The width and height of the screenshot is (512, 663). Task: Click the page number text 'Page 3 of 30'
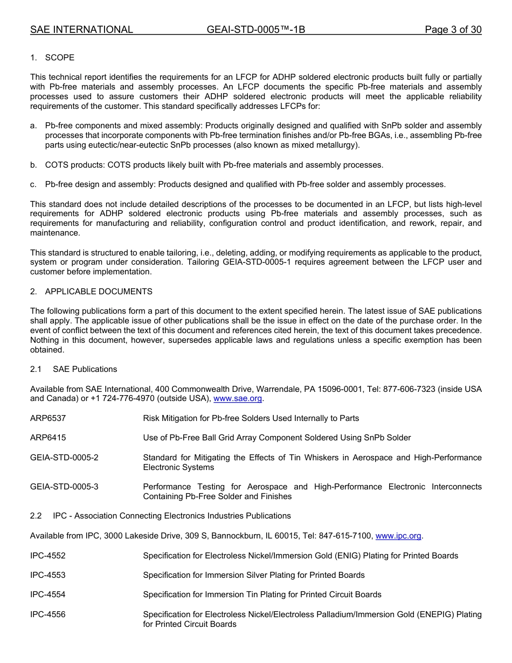453,30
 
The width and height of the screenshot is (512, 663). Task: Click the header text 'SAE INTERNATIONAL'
81,30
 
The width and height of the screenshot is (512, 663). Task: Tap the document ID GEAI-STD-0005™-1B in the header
255,30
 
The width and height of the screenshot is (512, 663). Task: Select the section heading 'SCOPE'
60,58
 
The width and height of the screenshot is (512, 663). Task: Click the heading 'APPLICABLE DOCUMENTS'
99,292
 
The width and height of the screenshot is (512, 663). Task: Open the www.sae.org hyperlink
238,399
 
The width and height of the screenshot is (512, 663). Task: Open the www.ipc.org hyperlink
398,536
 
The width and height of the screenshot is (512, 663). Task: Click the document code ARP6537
48,418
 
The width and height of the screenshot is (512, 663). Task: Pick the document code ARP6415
48,438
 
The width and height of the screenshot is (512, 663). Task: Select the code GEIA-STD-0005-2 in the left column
64,458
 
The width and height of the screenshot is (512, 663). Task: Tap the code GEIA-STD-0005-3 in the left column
64,487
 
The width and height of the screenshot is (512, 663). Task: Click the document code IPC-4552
48,556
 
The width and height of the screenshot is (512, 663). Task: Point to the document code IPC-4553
48,575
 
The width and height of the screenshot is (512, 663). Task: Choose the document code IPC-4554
48,595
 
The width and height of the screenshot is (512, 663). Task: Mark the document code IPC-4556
48,614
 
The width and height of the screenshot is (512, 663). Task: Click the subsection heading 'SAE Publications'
85,369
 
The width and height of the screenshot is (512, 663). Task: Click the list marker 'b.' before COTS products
33,165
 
